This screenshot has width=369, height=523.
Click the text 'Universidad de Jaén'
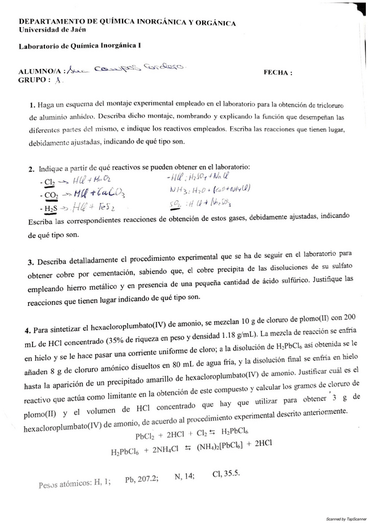[x=52, y=29]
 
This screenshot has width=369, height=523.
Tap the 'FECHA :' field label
[x=278, y=72]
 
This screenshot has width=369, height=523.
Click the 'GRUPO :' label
[x=34, y=81]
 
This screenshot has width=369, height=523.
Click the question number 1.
[x=31, y=106]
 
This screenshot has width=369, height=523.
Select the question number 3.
[x=30, y=261]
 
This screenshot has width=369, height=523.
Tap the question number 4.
[x=27, y=329]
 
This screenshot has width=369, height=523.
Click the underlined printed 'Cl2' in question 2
[x=49, y=183]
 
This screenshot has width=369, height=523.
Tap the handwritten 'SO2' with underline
[x=176, y=203]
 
